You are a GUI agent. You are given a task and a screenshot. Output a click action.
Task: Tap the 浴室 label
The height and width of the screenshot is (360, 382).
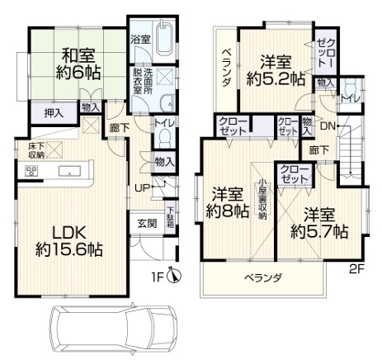(140, 39)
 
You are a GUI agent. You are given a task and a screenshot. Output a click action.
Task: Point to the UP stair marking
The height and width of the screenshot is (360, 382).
(141, 187)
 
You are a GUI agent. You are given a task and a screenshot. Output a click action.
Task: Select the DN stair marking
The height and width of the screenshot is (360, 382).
(327, 126)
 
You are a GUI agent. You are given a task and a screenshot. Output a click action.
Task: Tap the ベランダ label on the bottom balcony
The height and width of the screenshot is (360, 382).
(263, 278)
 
